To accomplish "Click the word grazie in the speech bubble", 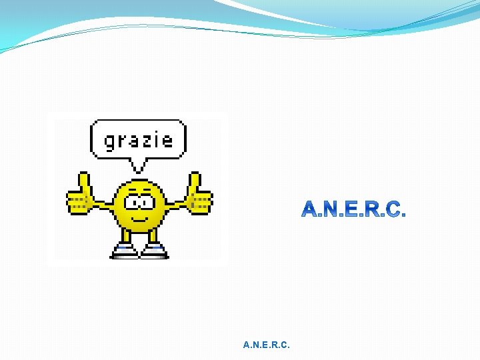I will pos(138,140).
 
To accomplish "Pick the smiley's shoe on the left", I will pos(124,251).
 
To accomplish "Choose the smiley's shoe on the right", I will pos(155,251).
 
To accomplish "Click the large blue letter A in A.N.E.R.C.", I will pos(312,211).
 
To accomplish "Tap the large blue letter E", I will pos(353,211).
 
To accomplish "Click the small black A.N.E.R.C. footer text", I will pos(267,345).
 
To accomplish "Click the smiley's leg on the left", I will pos(125,236).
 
